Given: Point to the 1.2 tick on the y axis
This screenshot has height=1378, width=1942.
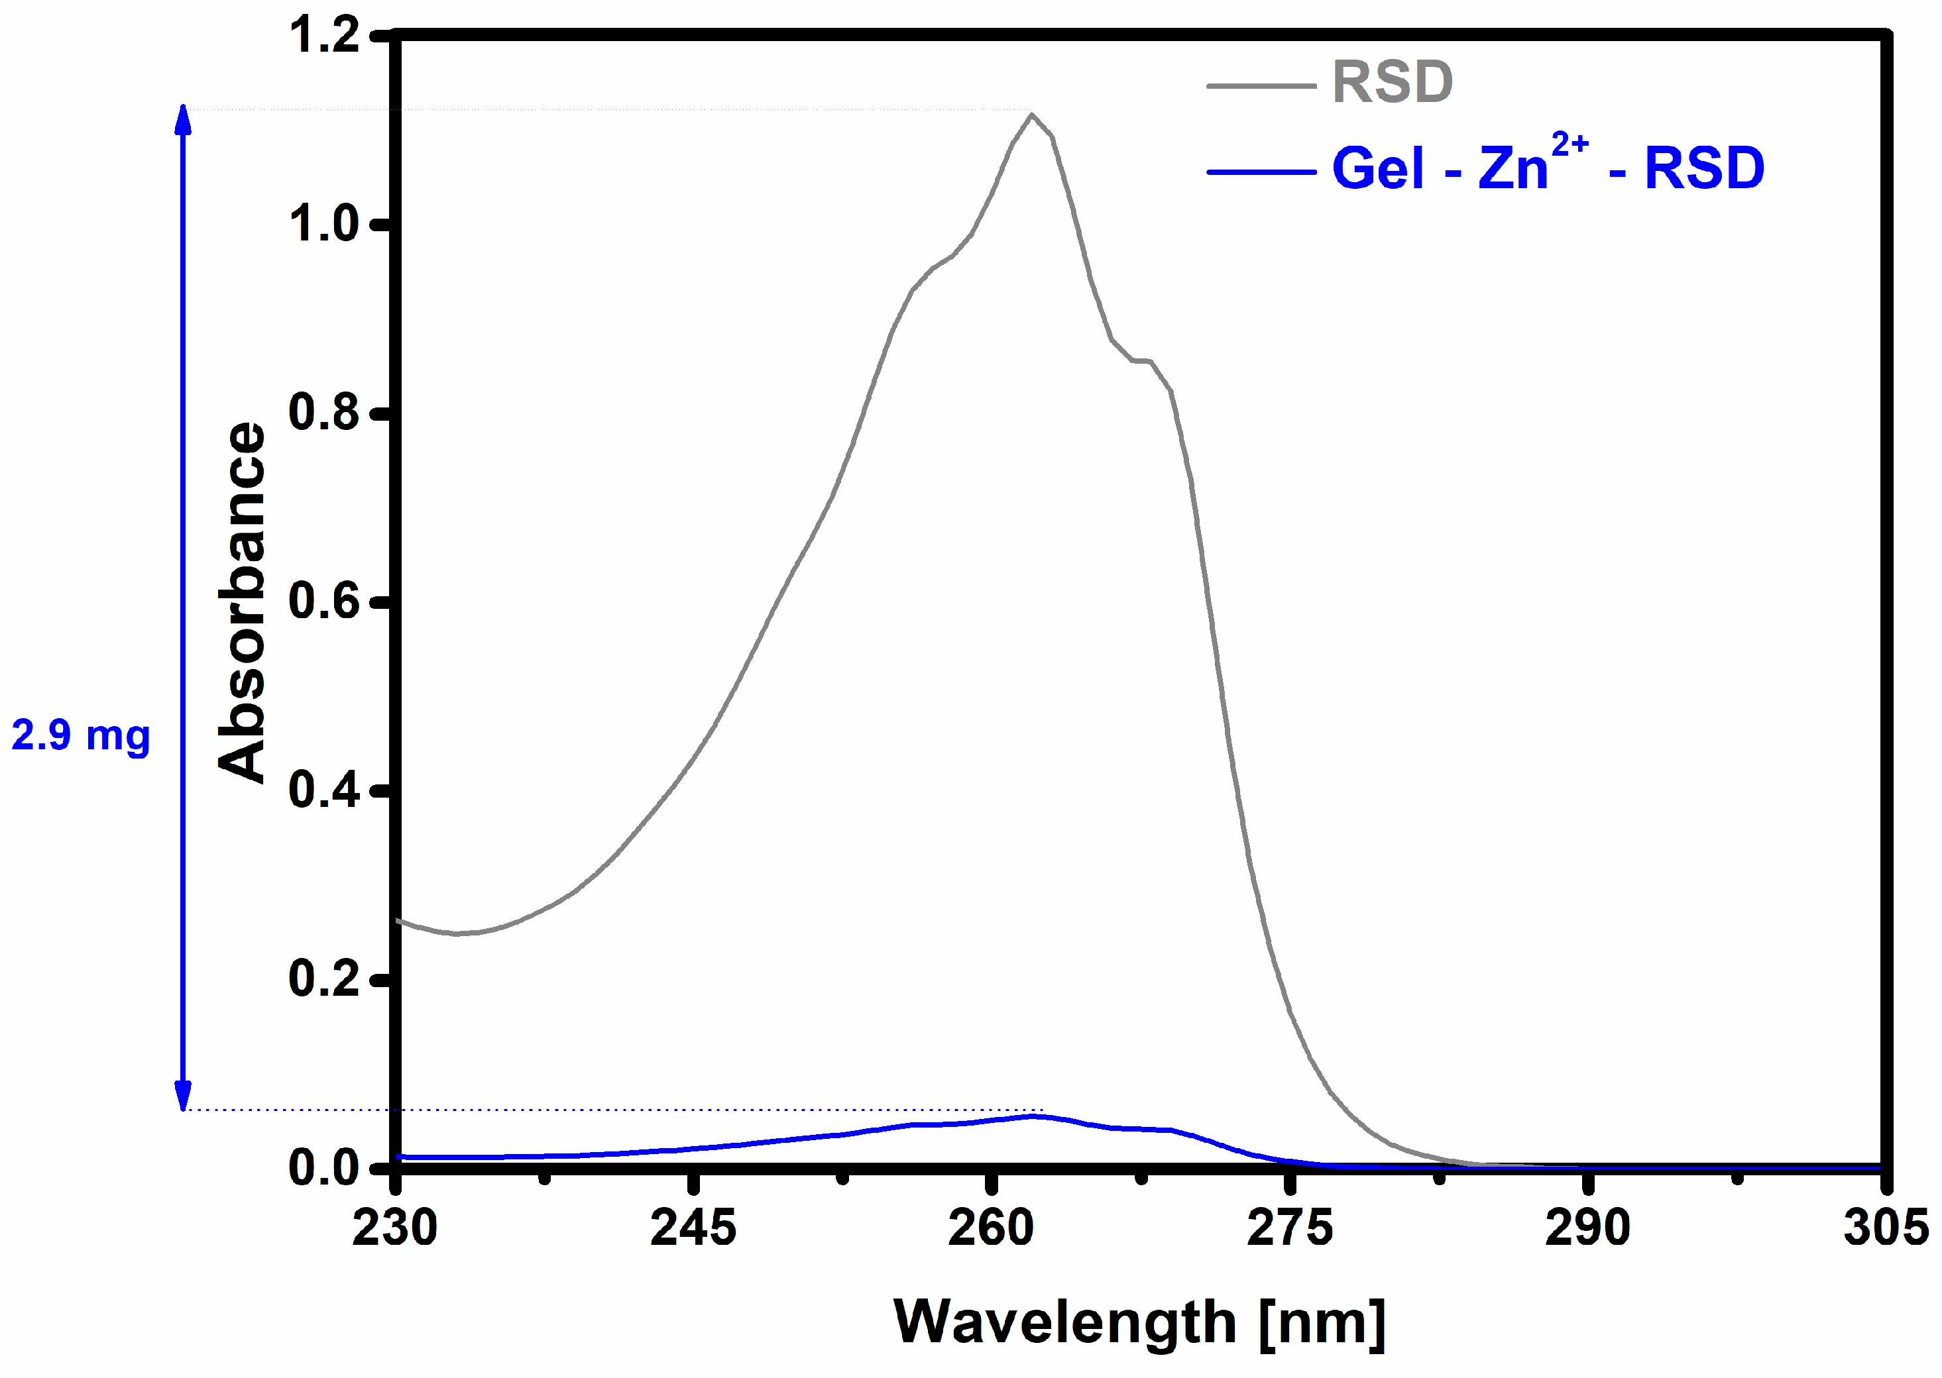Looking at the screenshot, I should (324, 36).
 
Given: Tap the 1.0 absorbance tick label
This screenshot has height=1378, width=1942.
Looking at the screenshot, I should (324, 224).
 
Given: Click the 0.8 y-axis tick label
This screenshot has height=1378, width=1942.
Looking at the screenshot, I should (324, 413).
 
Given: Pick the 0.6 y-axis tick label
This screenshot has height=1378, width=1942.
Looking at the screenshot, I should (324, 602).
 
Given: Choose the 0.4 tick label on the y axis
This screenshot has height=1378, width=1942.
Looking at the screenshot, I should (324, 790).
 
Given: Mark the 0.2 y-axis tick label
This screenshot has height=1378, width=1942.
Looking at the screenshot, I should (324, 979).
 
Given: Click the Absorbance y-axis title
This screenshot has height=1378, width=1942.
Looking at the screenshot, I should (242, 602).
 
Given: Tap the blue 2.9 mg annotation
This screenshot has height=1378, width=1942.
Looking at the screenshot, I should (81, 735).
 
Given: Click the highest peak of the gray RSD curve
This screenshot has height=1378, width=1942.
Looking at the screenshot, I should (1031, 115).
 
